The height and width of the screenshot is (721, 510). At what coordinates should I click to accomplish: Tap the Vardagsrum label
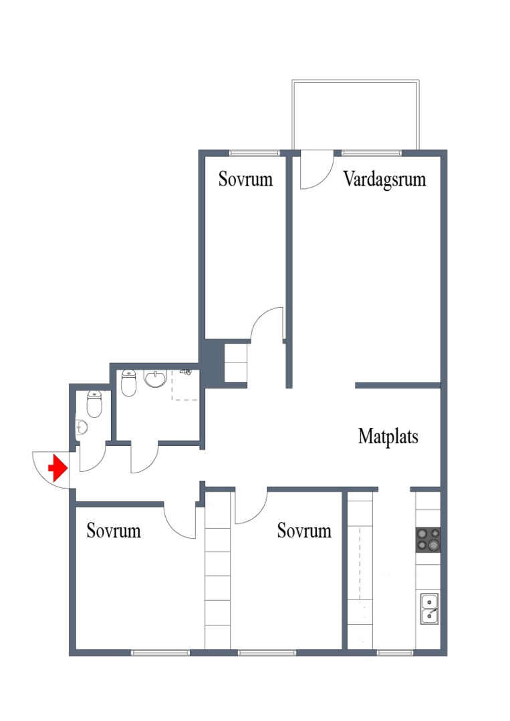[384, 180]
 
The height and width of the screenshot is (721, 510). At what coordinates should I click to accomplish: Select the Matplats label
[388, 437]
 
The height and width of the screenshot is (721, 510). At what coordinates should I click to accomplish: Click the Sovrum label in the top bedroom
[245, 179]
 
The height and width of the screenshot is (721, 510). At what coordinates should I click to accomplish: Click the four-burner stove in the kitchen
[428, 540]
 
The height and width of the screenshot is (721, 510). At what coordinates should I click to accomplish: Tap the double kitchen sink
[429, 608]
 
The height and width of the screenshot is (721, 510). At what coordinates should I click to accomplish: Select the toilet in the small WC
[94, 404]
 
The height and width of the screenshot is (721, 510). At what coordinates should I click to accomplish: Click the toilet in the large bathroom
[129, 383]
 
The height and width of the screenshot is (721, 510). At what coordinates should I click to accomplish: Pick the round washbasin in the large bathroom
[156, 379]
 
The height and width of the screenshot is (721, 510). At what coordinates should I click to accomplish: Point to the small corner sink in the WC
[81, 427]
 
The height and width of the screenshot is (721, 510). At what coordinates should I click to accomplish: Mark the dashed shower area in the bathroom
[185, 385]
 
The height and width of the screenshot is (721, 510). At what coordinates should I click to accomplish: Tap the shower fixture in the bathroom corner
[186, 371]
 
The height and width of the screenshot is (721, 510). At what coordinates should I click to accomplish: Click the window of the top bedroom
[255, 153]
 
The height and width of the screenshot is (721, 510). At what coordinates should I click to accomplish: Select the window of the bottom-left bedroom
[160, 652]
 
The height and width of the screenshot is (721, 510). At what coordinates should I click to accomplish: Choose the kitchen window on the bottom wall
[395, 652]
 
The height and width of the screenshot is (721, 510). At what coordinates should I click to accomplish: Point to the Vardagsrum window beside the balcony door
[372, 153]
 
